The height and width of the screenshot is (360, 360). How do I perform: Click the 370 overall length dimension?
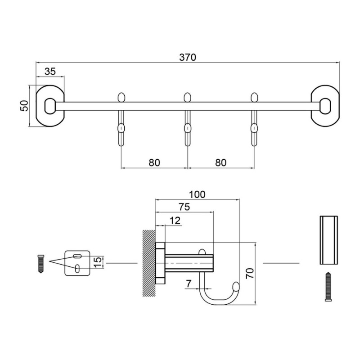(x=188, y=57)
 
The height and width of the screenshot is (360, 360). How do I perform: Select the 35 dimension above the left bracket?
(x=50, y=72)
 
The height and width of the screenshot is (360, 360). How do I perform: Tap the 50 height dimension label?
(x=25, y=106)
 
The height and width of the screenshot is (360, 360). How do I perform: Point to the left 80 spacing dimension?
(x=154, y=162)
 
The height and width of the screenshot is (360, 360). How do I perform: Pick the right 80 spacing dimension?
(x=221, y=162)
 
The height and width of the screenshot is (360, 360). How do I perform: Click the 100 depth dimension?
(x=197, y=195)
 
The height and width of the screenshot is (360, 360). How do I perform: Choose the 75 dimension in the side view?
(x=184, y=207)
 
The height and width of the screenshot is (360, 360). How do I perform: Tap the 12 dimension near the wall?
(x=175, y=220)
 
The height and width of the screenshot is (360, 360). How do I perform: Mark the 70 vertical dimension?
(x=250, y=273)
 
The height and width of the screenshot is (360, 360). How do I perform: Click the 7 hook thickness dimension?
(x=189, y=284)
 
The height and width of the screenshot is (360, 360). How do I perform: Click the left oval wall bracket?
(x=50, y=106)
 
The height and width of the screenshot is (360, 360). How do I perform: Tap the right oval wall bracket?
(x=325, y=106)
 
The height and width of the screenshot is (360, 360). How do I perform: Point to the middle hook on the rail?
(x=188, y=119)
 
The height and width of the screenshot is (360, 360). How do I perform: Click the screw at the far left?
(x=41, y=264)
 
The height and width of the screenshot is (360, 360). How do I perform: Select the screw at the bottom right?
(x=328, y=287)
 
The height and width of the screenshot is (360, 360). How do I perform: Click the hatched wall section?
(x=149, y=263)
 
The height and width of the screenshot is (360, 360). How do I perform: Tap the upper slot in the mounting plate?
(x=77, y=256)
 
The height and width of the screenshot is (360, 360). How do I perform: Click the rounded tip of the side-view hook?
(x=236, y=286)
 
